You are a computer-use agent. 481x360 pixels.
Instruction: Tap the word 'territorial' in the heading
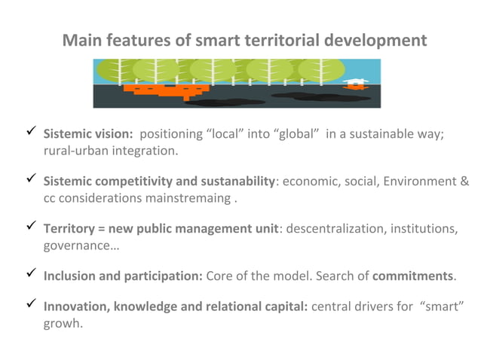click(x=276, y=40)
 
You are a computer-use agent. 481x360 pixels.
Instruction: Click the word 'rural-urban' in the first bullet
click(x=72, y=151)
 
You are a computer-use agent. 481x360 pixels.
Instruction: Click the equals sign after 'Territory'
click(x=101, y=229)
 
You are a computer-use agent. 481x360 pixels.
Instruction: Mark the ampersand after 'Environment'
click(x=464, y=182)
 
